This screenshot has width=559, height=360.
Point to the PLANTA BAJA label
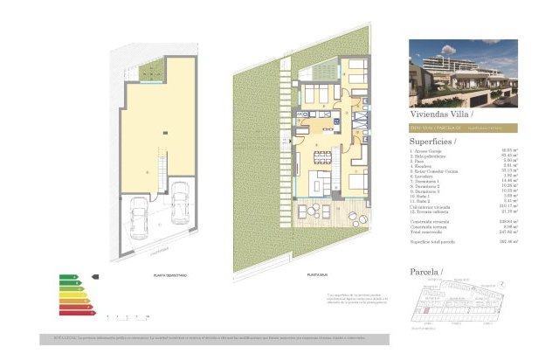coord(317,274)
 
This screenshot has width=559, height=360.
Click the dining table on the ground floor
coord(323,159)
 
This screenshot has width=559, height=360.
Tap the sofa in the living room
coord(316,184)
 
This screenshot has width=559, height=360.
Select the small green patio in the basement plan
coord(152,70)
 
